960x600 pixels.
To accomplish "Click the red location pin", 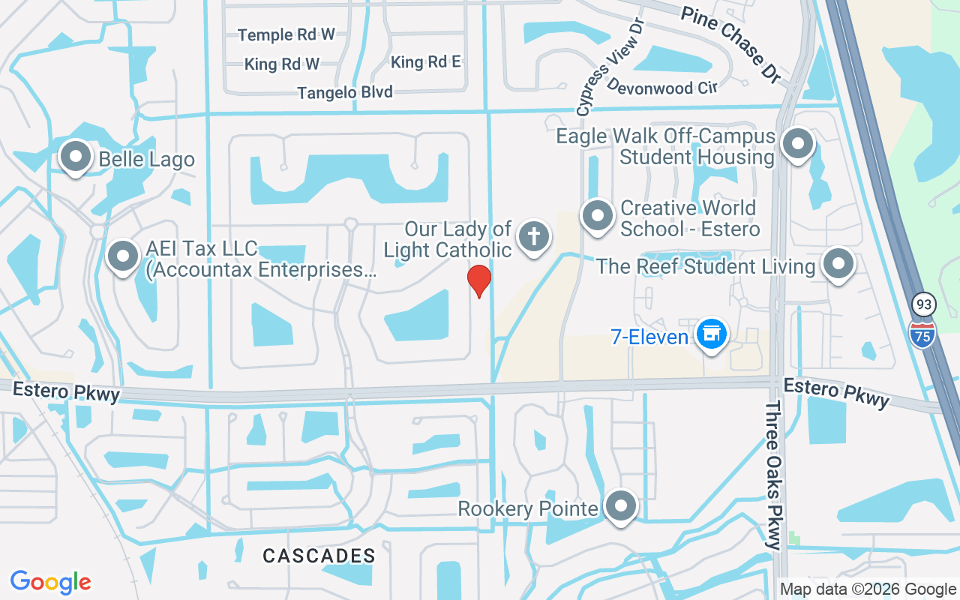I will (479, 280).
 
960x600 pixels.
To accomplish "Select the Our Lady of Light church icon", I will (533, 237).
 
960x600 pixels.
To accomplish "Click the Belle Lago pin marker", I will (75, 157).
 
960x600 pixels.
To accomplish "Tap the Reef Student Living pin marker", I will (838, 264).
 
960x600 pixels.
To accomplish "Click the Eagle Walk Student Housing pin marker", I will (798, 144).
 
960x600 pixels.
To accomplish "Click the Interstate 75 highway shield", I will (922, 334).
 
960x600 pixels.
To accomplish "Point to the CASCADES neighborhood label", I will (319, 556).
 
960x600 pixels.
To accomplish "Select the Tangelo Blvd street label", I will (345, 92).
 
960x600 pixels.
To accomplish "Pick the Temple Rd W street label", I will (286, 34).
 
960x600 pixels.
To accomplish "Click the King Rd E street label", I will (426, 62).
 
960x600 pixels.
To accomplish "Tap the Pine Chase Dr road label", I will (730, 43).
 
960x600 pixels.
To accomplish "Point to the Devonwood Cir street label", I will (661, 87).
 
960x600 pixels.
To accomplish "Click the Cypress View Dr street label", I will (612, 67).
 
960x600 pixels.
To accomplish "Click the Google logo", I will (51, 582).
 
